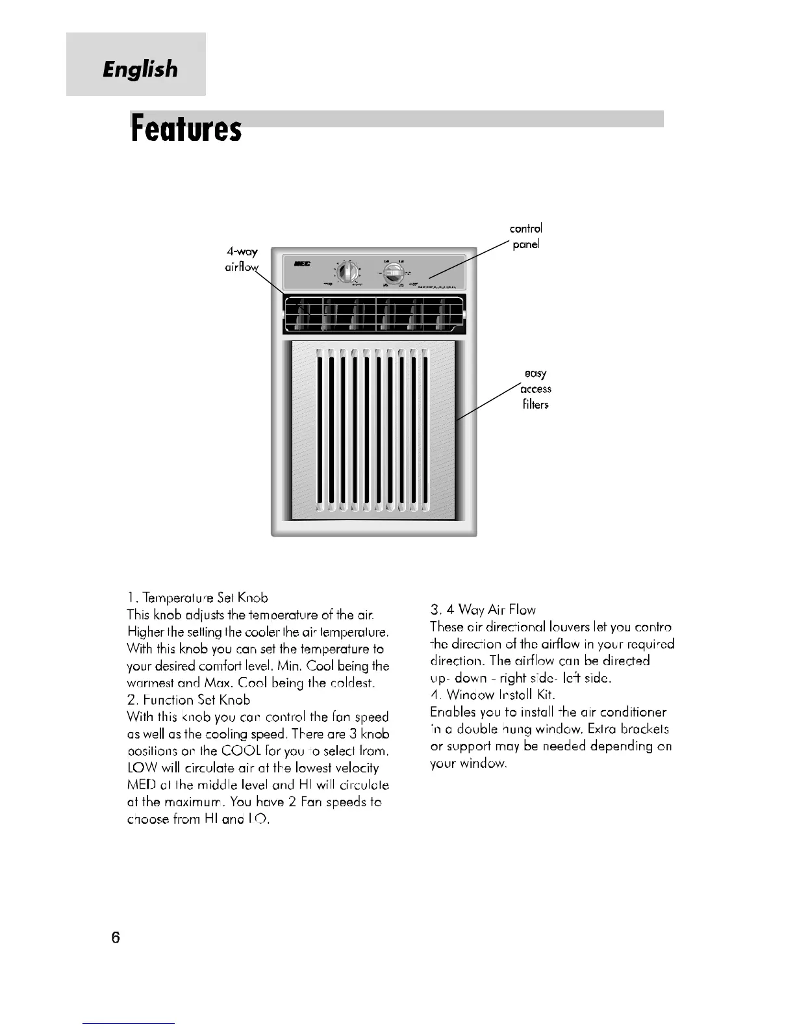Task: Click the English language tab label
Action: [140, 68]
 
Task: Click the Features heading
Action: [186, 129]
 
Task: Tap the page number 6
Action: [116, 937]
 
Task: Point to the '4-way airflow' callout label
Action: [242, 259]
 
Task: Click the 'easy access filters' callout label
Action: [536, 388]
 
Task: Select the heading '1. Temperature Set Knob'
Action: [197, 597]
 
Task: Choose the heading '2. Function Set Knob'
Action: [188, 700]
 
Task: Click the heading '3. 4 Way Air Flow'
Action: [483, 609]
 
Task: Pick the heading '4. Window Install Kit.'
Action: [492, 694]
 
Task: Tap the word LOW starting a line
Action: [140, 768]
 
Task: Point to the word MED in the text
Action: [140, 785]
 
